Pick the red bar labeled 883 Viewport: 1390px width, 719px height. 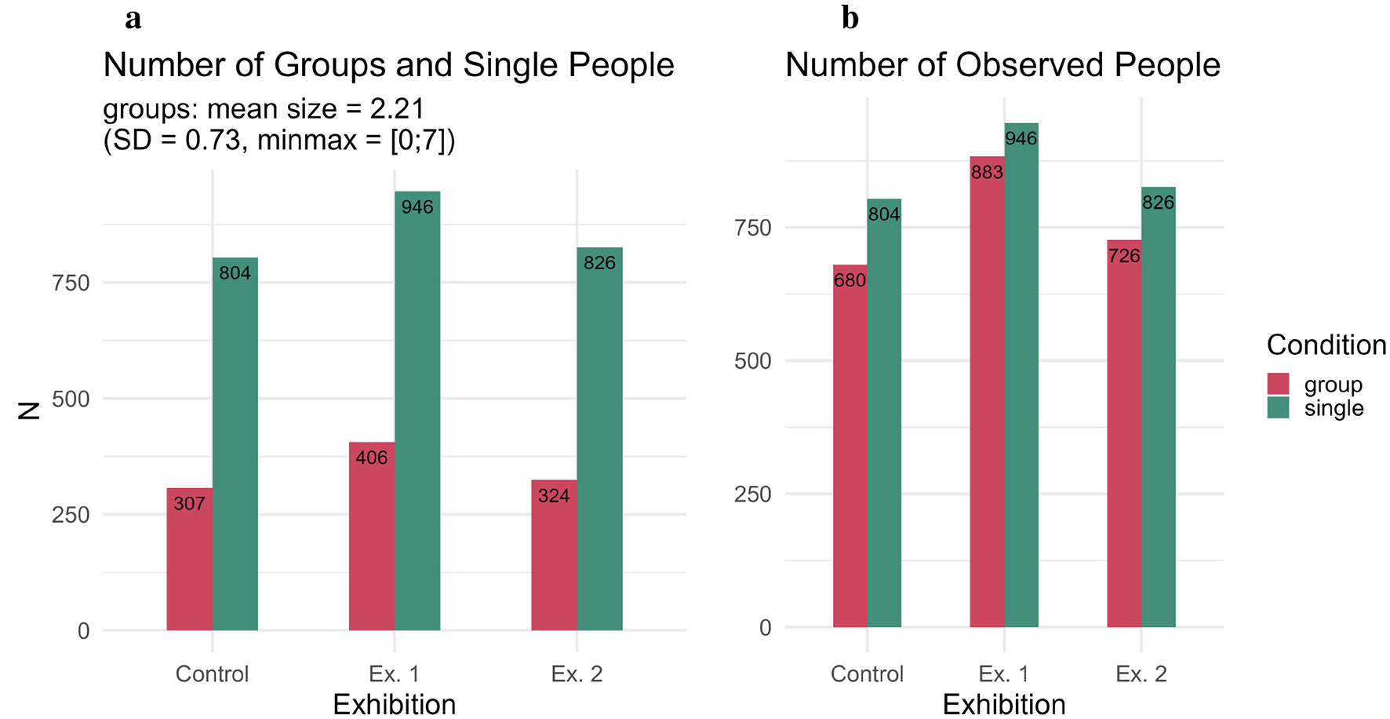click(x=987, y=392)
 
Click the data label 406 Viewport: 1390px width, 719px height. click(x=371, y=458)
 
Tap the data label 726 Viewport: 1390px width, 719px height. click(x=1123, y=256)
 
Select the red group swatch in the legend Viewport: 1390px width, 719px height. click(x=1278, y=384)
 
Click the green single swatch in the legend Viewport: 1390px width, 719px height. click(x=1278, y=407)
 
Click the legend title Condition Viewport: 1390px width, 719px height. click(x=1326, y=345)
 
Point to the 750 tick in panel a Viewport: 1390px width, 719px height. click(x=71, y=283)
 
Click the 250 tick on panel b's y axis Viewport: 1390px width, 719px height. click(x=752, y=495)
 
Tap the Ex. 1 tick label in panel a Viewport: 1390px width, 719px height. click(x=394, y=674)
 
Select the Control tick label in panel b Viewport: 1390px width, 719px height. click(x=867, y=674)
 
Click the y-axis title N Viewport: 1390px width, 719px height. click(x=29, y=411)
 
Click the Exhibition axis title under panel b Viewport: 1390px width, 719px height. click(x=1003, y=704)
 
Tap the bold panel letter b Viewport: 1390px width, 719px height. click(x=850, y=17)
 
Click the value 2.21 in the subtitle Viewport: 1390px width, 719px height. click(x=396, y=109)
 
